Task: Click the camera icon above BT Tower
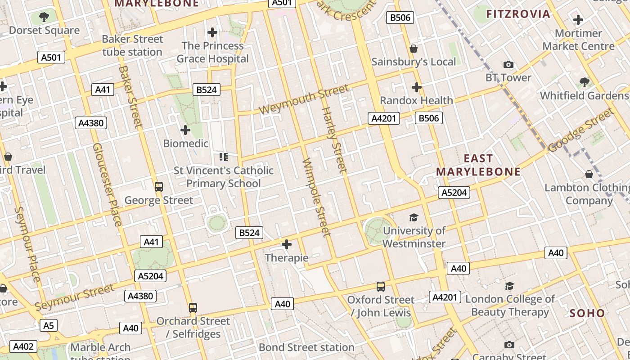coord(508,65)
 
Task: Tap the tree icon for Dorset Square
coord(44,18)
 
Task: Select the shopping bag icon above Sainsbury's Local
coord(414,49)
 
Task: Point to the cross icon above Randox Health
coord(417,87)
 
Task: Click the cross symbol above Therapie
coord(287,244)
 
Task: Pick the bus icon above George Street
coord(158,186)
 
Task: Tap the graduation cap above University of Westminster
coord(414,218)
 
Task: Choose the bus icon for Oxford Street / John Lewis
coord(381,286)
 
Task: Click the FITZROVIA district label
coord(518,14)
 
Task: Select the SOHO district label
coord(587,313)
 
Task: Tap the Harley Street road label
coord(334,140)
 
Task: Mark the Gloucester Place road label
coord(107,184)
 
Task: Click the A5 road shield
coord(49,325)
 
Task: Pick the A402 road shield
coord(23,346)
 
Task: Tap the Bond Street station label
coord(306,347)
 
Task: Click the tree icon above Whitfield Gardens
coord(585,82)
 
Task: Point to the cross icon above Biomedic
coord(185,130)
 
